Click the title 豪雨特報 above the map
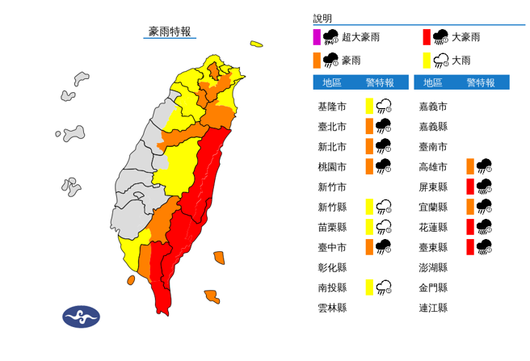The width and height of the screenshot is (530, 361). pos(170,31)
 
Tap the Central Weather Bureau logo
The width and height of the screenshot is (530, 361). pos(81,317)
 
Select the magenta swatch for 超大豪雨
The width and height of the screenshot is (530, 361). pos(317,37)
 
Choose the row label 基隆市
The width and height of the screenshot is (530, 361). pos(331,106)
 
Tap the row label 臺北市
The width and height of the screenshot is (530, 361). pos(331,126)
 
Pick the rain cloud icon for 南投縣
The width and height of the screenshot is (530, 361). pos(383,287)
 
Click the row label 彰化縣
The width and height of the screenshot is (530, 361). pos(331,267)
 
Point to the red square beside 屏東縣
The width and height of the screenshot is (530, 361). pos(469,187)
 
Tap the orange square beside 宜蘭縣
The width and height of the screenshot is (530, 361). pos(469,207)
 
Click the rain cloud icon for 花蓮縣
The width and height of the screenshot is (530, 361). pos(485,227)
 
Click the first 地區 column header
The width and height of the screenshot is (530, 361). pos(331,82)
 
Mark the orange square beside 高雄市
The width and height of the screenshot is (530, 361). pos(469,166)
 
